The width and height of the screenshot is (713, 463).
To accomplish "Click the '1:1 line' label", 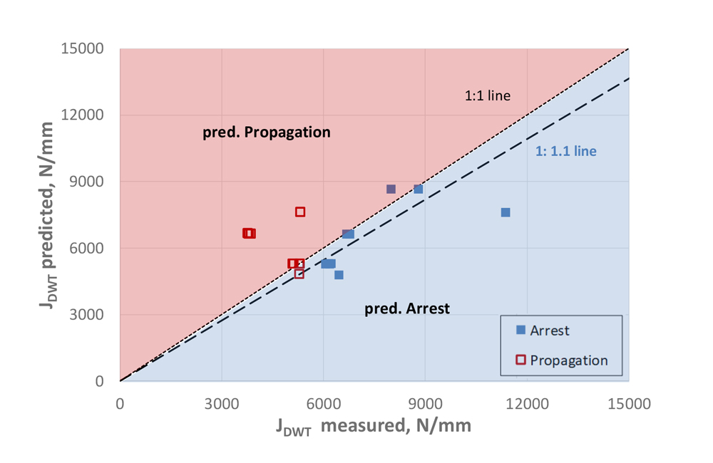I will point(488,95).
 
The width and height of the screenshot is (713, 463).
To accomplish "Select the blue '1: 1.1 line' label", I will point(565,151).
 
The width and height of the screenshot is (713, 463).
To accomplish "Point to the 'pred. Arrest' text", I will point(407,309).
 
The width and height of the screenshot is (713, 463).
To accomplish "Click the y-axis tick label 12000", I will point(84,115).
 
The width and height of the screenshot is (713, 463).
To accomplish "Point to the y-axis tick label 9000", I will point(88,182).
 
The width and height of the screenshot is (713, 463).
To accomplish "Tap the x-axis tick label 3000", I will point(222,404).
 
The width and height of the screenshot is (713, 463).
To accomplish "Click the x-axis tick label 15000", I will point(628,404).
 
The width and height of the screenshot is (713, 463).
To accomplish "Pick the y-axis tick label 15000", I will point(84,49).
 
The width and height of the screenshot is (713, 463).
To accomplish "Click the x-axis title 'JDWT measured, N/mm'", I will point(373,427).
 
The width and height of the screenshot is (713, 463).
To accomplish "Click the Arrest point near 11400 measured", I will point(506,212).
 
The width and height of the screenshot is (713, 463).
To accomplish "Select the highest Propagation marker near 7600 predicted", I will point(300,212).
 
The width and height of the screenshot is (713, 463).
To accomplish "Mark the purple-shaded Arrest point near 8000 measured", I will point(391,189).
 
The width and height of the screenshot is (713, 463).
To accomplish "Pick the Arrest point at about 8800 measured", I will point(419,189).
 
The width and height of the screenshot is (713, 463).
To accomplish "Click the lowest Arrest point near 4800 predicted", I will point(339,275).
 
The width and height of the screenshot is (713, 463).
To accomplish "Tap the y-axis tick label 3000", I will point(88,315).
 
